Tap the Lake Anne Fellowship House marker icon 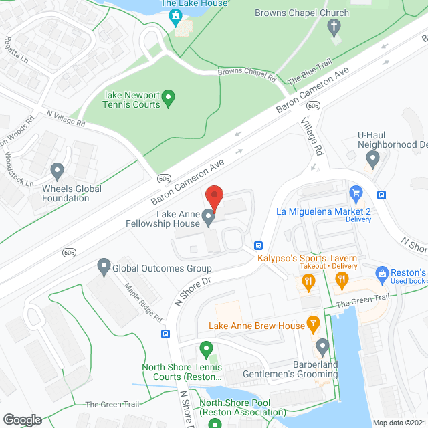tap(208, 216)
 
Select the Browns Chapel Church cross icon tap(332, 27)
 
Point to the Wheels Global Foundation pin tap(58, 171)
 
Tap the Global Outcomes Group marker tap(104, 268)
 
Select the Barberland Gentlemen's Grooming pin tap(323, 347)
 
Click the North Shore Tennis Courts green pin tap(206, 348)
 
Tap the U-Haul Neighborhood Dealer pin tap(373, 160)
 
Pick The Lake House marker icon tap(176, 16)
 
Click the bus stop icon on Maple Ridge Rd tap(165, 334)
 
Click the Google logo tap(21, 419)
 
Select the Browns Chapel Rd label tap(247, 75)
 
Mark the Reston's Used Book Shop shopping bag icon tap(382, 274)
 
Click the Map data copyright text tap(399, 423)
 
